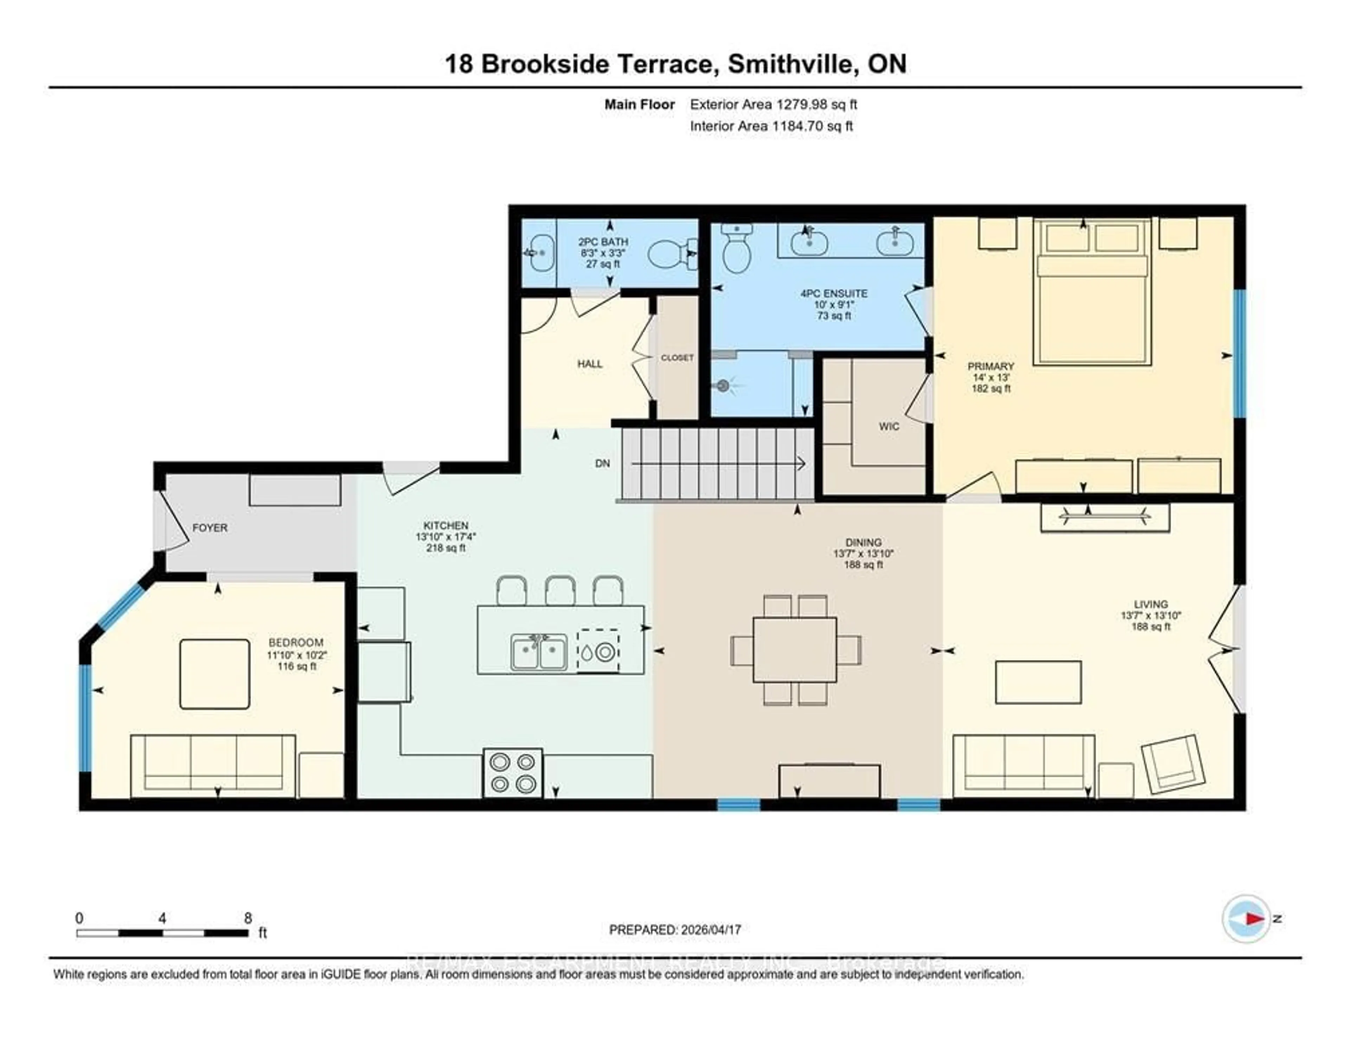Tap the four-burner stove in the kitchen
click(x=513, y=773)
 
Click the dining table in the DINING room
click(x=795, y=650)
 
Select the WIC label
click(x=889, y=426)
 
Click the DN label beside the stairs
click(x=602, y=464)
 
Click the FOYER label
click(x=210, y=528)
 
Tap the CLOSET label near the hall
click(x=677, y=358)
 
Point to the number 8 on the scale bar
click(x=248, y=918)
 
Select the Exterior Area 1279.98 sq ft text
click(x=773, y=104)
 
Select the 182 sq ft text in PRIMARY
click(x=990, y=389)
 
